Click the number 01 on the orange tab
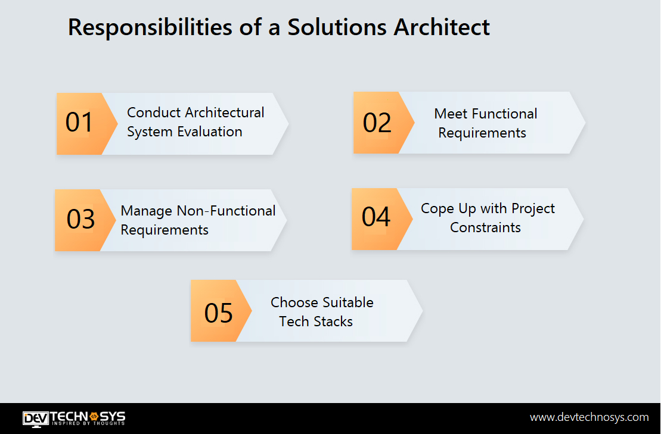click(x=79, y=123)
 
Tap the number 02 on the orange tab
click(x=377, y=123)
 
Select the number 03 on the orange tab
click(x=80, y=219)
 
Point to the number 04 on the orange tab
click(x=376, y=217)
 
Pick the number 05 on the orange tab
click(x=218, y=313)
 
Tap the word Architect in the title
click(x=441, y=28)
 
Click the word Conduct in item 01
click(x=154, y=113)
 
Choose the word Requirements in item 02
click(x=482, y=133)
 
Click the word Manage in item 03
click(x=147, y=211)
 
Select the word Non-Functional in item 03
click(x=226, y=211)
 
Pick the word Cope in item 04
click(x=436, y=208)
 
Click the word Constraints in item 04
click(x=485, y=227)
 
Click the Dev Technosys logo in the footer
click(x=74, y=418)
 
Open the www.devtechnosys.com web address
click(x=589, y=417)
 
